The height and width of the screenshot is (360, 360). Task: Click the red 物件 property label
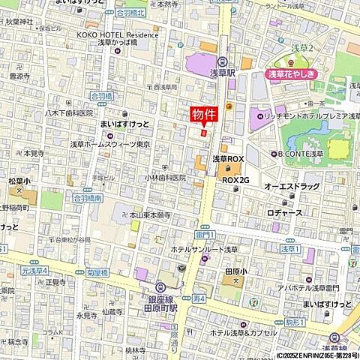(200, 115)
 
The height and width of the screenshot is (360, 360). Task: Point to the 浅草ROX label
(228, 159)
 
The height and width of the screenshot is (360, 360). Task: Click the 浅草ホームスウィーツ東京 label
(110, 144)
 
